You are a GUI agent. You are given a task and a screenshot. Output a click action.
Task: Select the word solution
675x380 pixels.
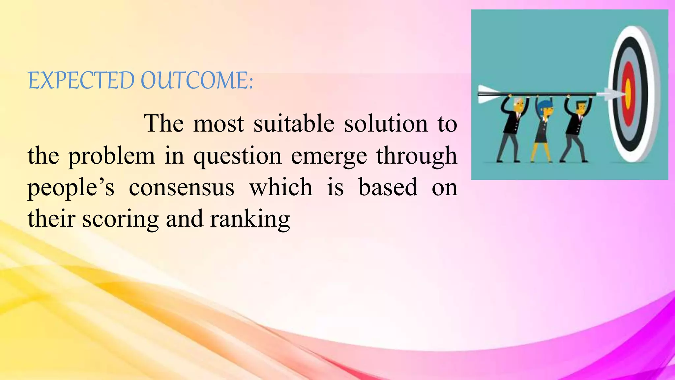click(x=386, y=124)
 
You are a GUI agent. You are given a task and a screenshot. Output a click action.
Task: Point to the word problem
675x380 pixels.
click(x=111, y=156)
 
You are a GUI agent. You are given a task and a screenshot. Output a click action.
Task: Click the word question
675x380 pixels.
click(x=237, y=156)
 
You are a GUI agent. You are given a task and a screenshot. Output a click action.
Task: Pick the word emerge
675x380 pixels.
click(x=329, y=156)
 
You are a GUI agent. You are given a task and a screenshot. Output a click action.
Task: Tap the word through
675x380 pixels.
click(x=417, y=156)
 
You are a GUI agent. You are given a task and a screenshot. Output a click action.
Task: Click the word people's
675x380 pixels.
click(x=71, y=187)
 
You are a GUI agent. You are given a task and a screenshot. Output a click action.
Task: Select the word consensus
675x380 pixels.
click(x=182, y=187)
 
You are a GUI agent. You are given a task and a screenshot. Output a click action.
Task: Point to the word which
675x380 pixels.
click(x=281, y=187)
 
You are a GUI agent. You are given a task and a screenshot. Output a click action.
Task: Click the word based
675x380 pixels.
click(x=388, y=187)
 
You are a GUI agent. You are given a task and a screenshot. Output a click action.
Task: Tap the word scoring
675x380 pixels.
click(x=120, y=219)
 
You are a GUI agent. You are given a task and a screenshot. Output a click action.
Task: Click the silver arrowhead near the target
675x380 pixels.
click(x=612, y=95)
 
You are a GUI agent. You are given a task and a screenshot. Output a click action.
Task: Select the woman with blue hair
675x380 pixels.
click(x=544, y=129)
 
